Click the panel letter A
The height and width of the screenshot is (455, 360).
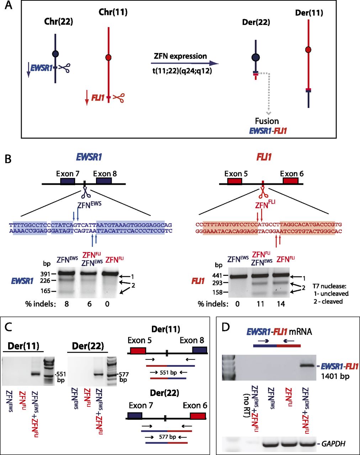tap(9, 6)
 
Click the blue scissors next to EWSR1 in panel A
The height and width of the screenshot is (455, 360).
tap(64, 68)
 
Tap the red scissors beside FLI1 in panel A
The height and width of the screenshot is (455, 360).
tap(118, 97)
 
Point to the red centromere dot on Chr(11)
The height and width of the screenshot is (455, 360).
tap(109, 58)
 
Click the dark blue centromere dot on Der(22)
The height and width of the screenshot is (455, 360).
tap(255, 58)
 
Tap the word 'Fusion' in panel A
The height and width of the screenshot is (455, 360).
tap(267, 121)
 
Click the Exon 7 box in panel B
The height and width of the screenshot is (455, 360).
tap(68, 181)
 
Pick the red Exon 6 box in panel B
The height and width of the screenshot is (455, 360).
tap(290, 181)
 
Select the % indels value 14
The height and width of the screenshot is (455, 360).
tap(281, 304)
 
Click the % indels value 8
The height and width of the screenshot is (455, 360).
tap(65, 304)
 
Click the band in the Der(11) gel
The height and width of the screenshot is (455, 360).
tap(35, 374)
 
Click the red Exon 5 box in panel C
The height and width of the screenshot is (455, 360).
tap(138, 350)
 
